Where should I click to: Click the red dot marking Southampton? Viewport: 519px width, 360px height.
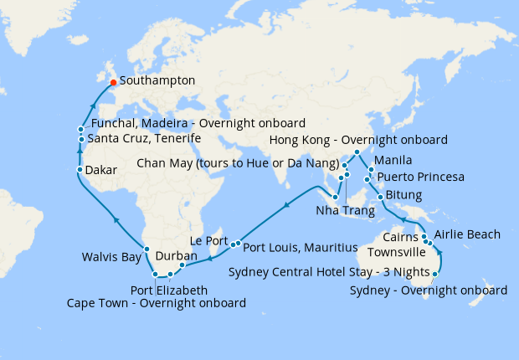(113, 82)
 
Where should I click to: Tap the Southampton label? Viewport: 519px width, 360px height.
(157, 81)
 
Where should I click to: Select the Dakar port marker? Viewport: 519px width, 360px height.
(80, 170)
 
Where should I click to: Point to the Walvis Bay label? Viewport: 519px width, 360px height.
(112, 257)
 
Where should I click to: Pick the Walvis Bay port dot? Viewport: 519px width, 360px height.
(146, 249)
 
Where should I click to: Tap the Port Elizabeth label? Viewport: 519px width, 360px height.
(169, 290)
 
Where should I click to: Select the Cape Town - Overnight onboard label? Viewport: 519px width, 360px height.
(156, 302)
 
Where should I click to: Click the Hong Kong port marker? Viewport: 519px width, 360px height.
(357, 152)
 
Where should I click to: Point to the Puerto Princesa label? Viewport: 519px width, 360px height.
(421, 177)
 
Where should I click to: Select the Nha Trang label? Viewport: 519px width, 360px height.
(346, 210)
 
